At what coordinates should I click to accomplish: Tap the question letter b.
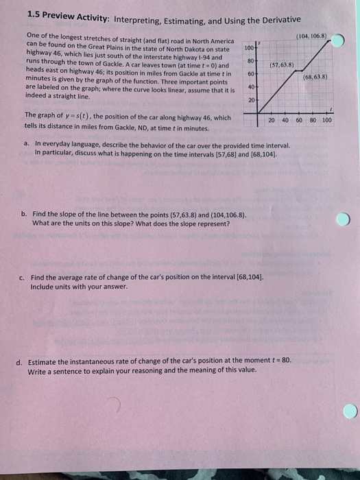tap(25, 215)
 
